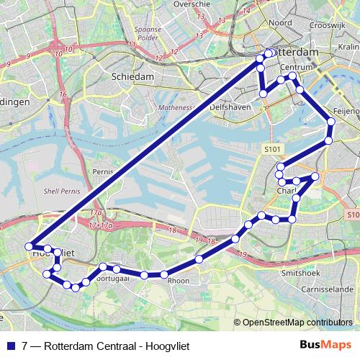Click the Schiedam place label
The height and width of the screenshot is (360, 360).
point(132,76)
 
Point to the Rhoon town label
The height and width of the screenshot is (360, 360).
point(178,282)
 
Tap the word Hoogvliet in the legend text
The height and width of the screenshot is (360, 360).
point(166,345)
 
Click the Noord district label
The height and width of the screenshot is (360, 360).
point(280,23)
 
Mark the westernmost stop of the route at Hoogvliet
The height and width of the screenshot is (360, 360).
point(30,246)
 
